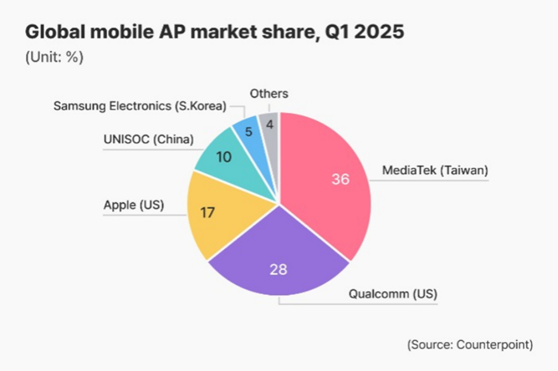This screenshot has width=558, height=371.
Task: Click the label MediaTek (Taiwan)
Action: (435, 170)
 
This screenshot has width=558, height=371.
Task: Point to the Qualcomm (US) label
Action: (393, 294)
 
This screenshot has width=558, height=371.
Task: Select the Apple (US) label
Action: (133, 205)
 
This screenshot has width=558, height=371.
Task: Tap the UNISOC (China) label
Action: (149, 139)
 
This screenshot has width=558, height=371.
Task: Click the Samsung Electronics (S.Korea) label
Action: (140, 106)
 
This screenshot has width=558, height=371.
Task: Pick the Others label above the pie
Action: (269, 93)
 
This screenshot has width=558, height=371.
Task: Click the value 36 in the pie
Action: (341, 179)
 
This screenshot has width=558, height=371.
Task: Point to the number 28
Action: (278, 269)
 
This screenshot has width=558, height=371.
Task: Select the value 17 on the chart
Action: (207, 213)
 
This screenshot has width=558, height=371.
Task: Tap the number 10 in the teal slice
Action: (224, 156)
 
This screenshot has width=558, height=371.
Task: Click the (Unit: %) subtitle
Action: (54, 58)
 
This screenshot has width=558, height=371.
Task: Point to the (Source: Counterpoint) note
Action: (470, 345)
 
